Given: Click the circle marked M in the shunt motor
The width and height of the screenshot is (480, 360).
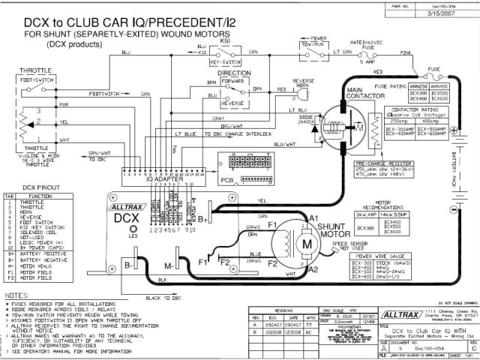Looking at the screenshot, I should pyautogui.click(x=305, y=246).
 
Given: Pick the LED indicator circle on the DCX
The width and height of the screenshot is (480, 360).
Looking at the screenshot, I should pyautogui.click(x=133, y=225).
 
